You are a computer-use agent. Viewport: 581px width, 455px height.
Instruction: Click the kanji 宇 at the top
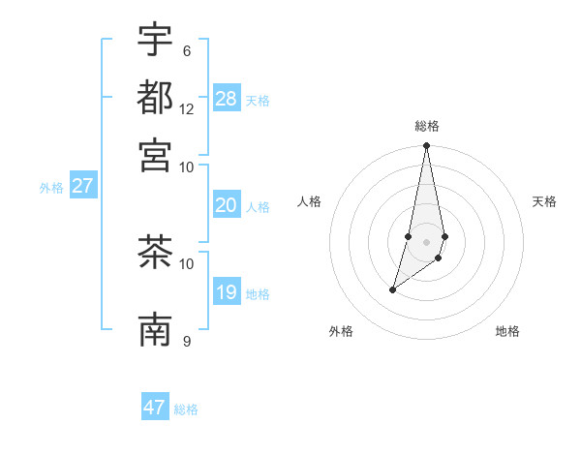click(156, 40)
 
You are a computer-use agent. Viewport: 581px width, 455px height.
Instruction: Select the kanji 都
click(156, 97)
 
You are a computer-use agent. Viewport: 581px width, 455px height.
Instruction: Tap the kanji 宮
click(156, 154)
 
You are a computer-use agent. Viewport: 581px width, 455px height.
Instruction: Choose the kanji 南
click(156, 330)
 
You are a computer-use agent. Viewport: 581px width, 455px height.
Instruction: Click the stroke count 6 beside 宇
click(187, 50)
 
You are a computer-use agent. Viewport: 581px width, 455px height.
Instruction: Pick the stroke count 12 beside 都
click(187, 108)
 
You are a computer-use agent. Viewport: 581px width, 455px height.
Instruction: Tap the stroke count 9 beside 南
click(187, 341)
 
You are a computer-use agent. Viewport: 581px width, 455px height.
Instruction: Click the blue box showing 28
click(227, 98)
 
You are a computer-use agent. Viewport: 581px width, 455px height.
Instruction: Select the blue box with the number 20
click(227, 204)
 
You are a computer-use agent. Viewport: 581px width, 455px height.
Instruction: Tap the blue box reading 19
click(227, 291)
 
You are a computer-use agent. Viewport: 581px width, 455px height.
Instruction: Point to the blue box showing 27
click(82, 186)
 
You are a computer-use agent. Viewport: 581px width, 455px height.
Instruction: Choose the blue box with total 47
click(155, 408)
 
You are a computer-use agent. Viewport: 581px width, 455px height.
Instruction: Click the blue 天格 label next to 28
click(258, 101)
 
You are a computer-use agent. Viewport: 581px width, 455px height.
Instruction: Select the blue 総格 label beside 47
click(186, 410)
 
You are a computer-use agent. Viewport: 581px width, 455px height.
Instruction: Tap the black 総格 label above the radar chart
click(426, 126)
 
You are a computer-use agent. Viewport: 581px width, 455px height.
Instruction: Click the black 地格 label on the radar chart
click(507, 331)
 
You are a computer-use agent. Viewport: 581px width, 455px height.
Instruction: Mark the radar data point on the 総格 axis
click(426, 146)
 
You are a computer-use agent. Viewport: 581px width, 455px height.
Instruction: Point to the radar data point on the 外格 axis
click(392, 289)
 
